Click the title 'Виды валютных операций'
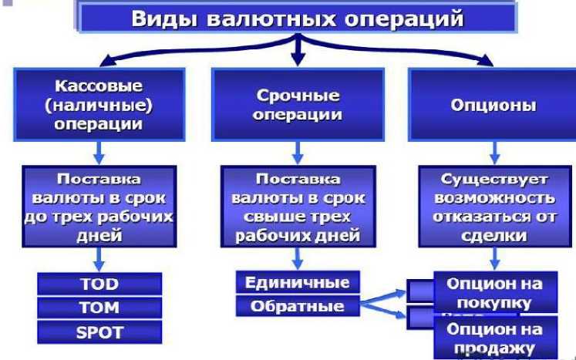(x=296, y=19)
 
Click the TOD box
(x=99, y=284)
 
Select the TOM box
(x=99, y=308)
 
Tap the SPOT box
(x=99, y=332)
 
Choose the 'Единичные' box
(x=297, y=282)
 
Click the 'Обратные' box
(x=297, y=306)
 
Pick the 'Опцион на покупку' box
(x=495, y=292)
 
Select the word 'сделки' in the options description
(x=495, y=235)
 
